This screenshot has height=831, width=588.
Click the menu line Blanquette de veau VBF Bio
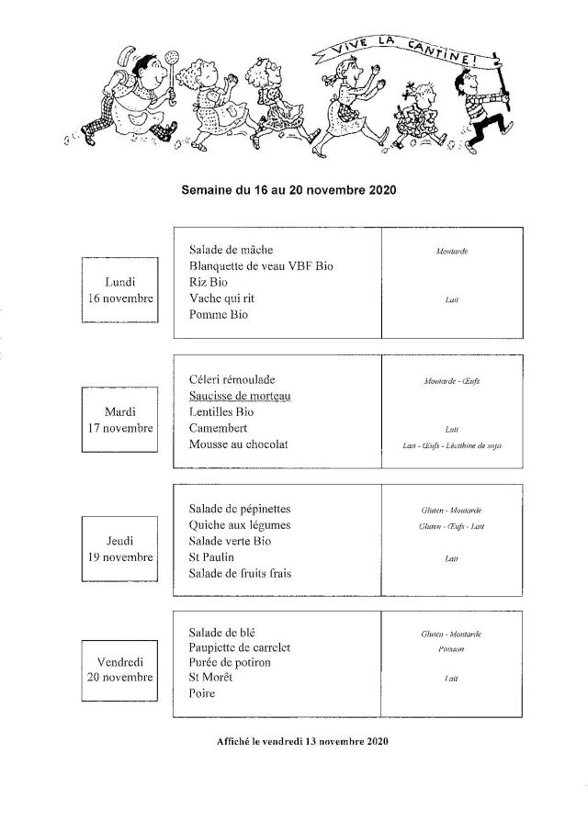[261, 266]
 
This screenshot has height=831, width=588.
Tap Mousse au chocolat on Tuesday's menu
[239, 444]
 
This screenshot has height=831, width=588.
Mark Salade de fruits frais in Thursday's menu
[245, 574]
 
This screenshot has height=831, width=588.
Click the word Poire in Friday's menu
[202, 693]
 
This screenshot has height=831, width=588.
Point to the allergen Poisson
[451, 649]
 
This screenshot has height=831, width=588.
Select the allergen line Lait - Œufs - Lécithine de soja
[451, 445]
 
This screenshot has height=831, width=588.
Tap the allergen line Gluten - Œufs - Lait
[451, 526]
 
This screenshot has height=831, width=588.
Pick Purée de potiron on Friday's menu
[230, 662]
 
